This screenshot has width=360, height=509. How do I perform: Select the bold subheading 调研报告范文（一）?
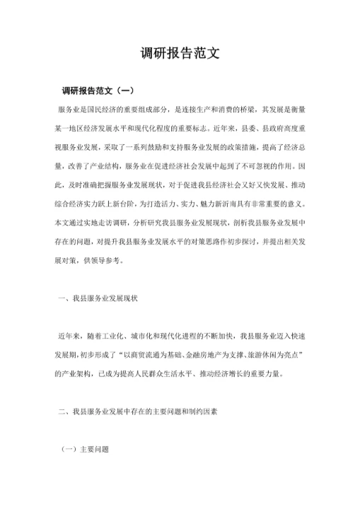pyautogui.click(x=98, y=91)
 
